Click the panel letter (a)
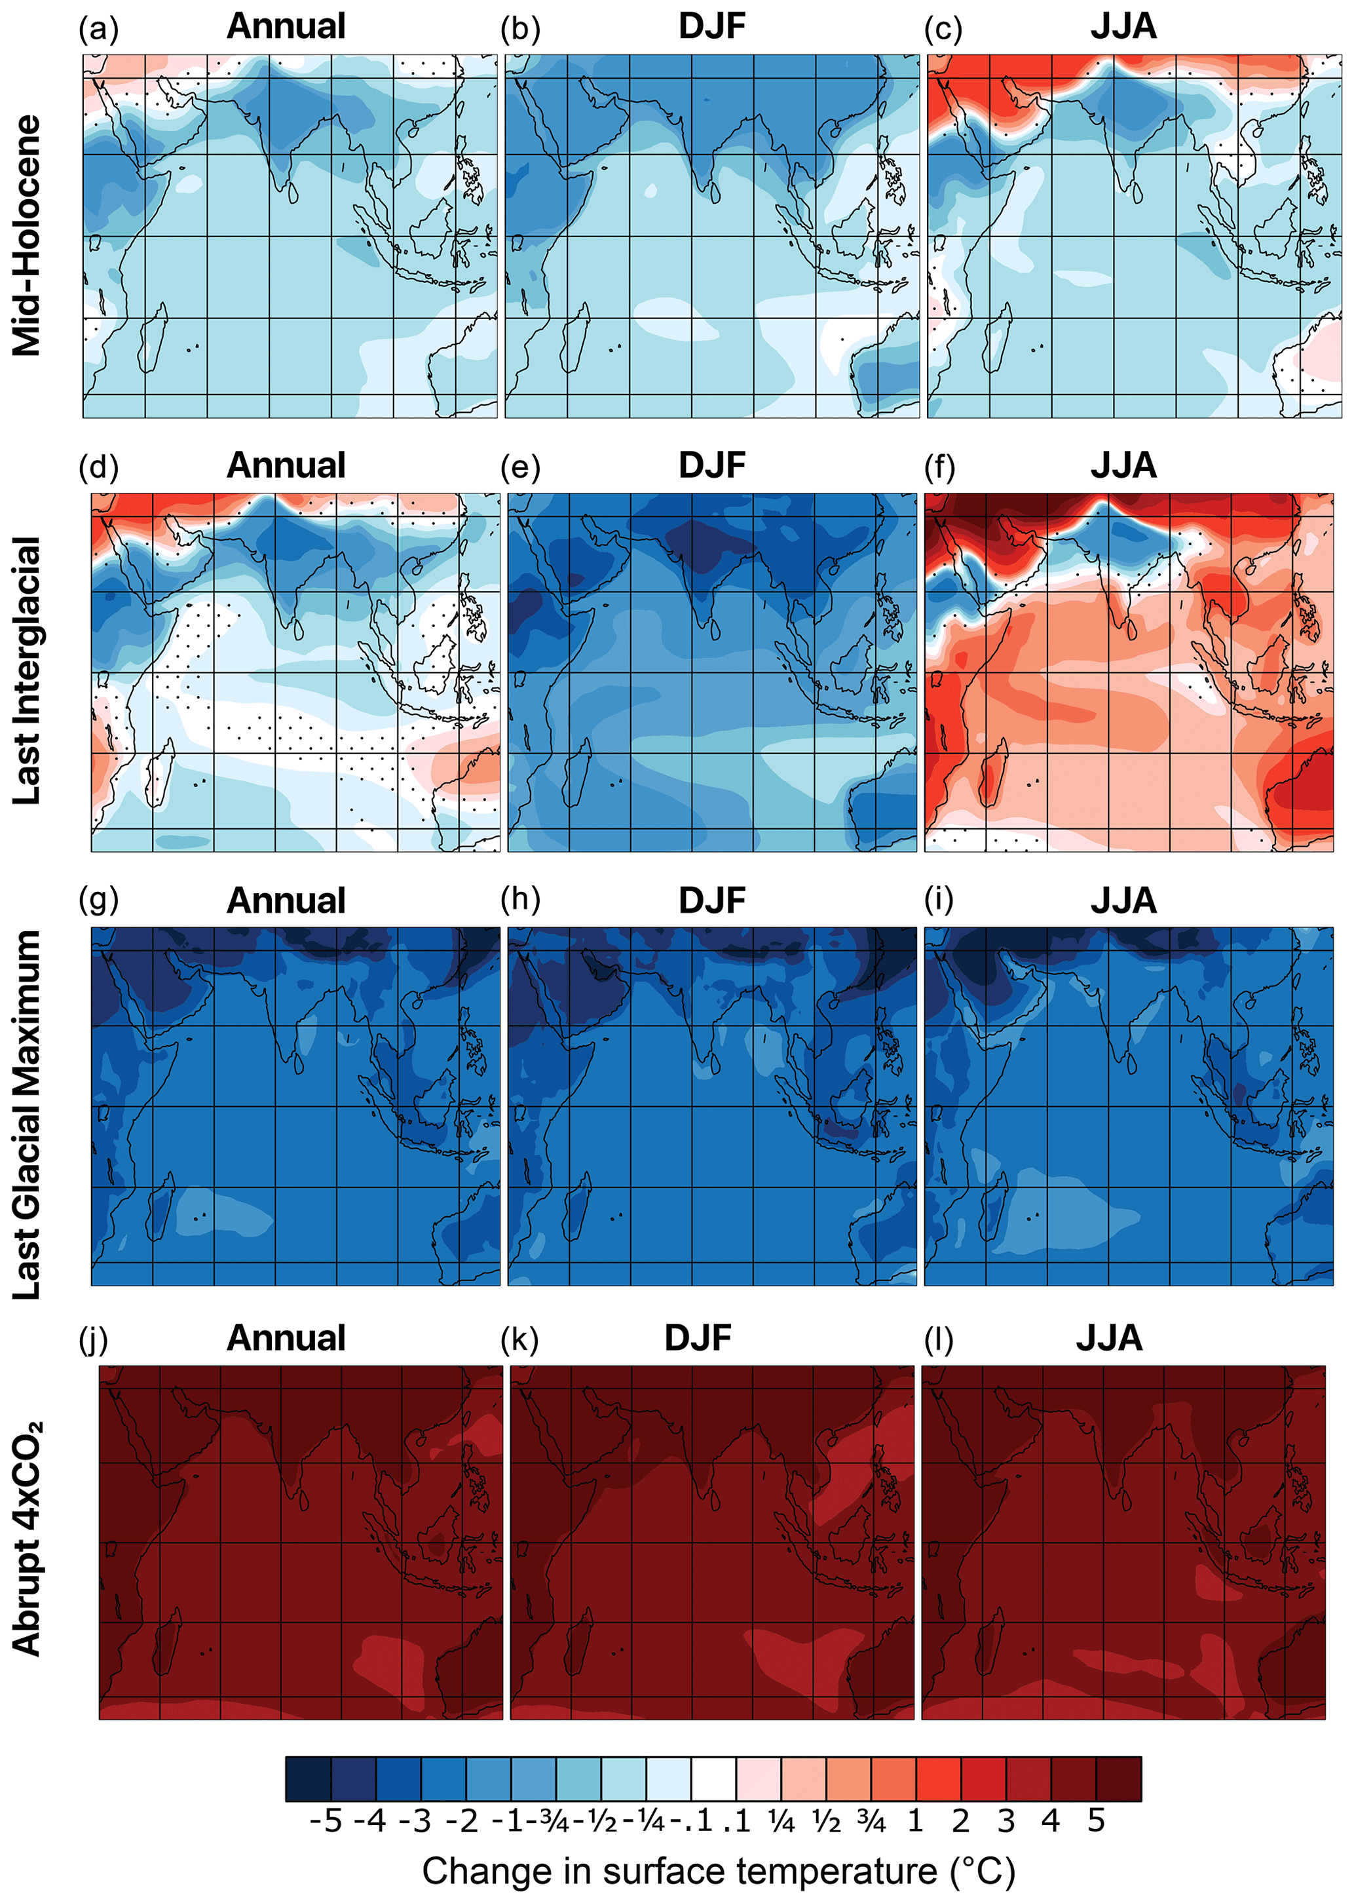[x=98, y=30]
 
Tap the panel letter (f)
[x=939, y=468]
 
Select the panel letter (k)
[x=519, y=1339]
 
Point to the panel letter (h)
[x=520, y=900]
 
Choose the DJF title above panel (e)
[x=711, y=465]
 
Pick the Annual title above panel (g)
[x=286, y=900]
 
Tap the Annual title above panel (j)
[x=286, y=1338]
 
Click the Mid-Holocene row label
[x=27, y=236]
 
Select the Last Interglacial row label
[x=27, y=670]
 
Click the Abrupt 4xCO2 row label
[x=27, y=1539]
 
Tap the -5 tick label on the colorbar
[x=325, y=1820]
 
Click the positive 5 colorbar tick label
[x=1095, y=1820]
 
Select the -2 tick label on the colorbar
[x=461, y=1820]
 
